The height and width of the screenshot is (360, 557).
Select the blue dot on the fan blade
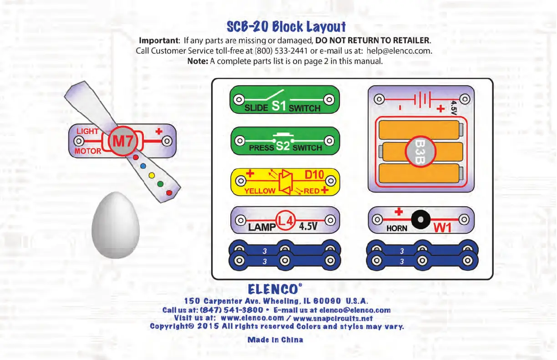(143, 166)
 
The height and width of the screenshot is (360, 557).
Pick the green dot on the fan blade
(160, 184)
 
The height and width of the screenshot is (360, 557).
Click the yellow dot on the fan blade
(152, 176)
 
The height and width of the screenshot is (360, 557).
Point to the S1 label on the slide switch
(278, 106)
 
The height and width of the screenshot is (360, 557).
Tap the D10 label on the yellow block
(314, 175)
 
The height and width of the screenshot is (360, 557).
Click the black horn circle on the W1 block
(420, 220)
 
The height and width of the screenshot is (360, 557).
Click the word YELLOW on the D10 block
(260, 191)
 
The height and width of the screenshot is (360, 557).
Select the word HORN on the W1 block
(397, 228)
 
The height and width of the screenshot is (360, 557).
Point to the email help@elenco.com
(399, 51)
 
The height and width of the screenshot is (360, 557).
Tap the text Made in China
(275, 340)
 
